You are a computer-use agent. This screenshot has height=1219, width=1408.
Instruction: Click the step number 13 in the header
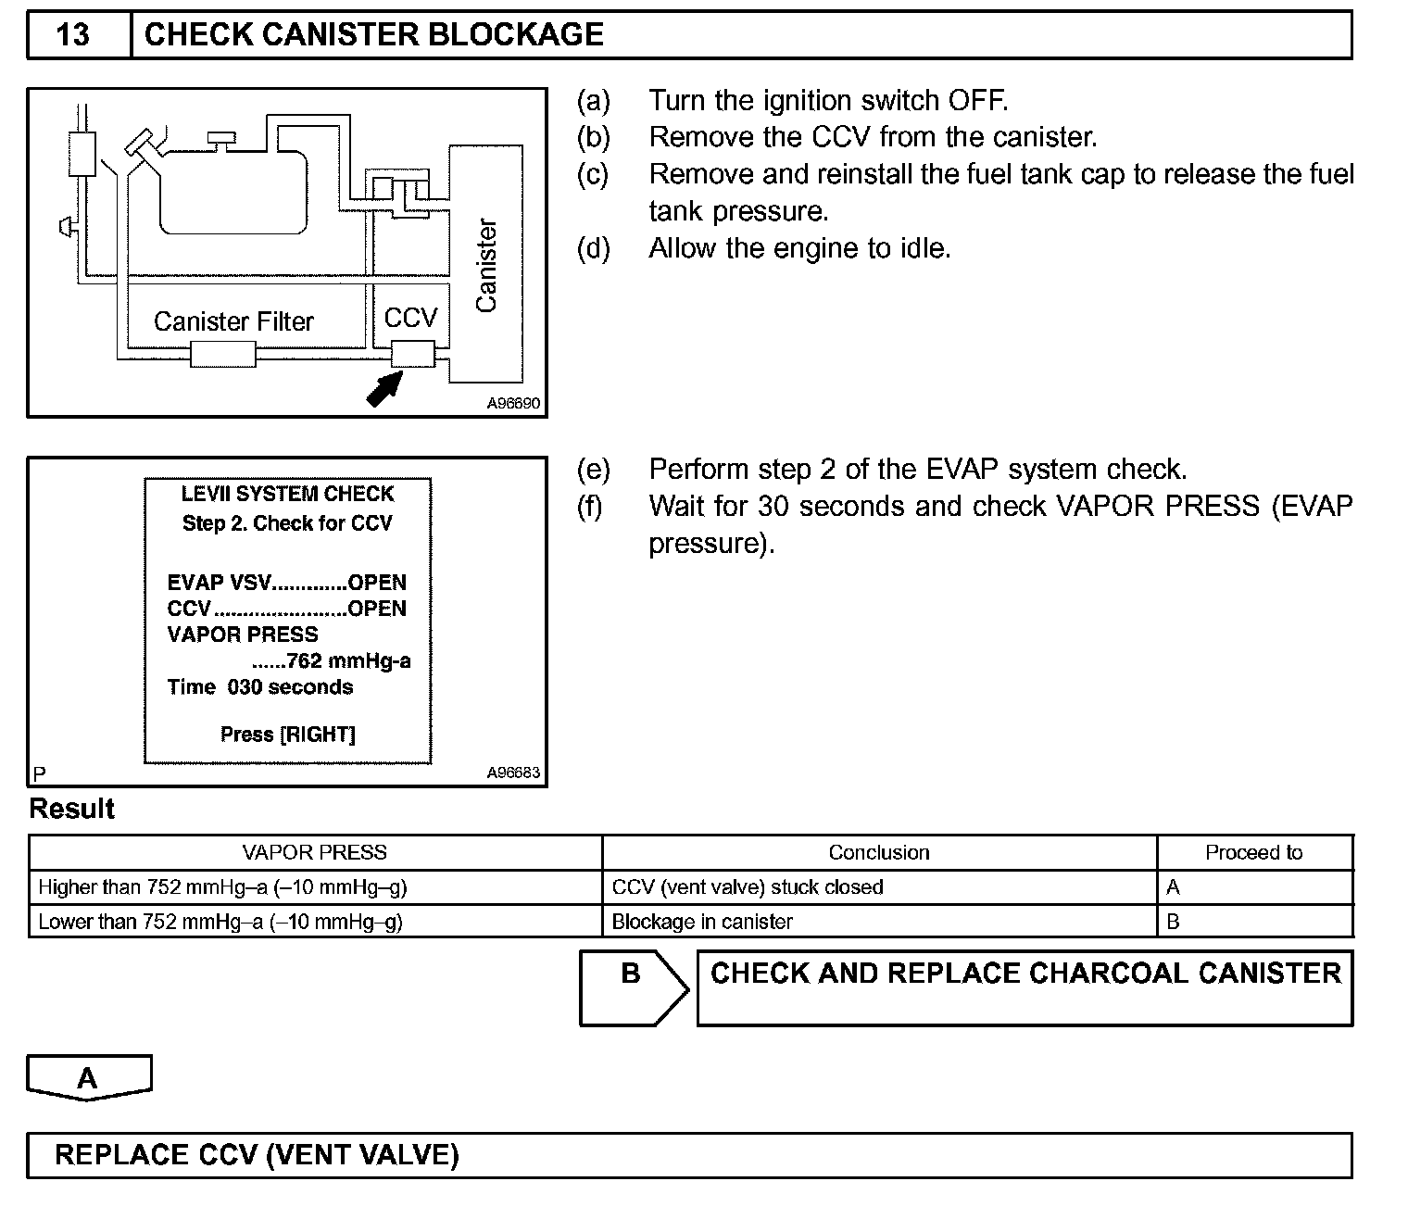(x=73, y=35)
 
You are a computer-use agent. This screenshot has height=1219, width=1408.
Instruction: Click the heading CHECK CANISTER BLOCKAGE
(x=373, y=35)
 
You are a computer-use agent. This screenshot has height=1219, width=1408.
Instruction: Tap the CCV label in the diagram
(x=409, y=319)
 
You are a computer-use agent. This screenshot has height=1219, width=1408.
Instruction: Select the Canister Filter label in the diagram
(x=233, y=321)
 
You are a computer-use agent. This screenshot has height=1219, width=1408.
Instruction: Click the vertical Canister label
(x=486, y=267)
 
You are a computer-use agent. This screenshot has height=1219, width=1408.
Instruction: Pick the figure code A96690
(x=513, y=404)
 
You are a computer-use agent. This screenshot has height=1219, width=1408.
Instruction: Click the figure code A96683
(x=513, y=773)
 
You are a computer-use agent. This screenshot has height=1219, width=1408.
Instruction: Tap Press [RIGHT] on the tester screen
(x=288, y=735)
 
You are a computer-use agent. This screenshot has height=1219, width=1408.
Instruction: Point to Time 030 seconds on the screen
(x=260, y=687)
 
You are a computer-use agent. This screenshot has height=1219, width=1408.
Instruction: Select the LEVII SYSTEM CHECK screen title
(x=287, y=494)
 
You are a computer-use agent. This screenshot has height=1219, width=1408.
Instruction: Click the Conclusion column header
(x=878, y=852)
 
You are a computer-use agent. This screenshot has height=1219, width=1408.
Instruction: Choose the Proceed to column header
(x=1253, y=852)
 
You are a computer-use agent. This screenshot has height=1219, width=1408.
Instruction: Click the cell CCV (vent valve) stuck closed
(x=748, y=887)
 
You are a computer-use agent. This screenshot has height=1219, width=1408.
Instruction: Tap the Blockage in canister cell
(x=702, y=922)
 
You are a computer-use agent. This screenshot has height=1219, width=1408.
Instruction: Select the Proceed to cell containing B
(x=1174, y=922)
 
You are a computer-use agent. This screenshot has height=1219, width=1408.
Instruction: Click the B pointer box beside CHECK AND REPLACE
(x=632, y=987)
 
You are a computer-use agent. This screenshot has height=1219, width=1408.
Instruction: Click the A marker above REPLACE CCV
(x=88, y=1078)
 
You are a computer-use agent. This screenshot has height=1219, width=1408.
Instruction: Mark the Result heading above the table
(x=72, y=809)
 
